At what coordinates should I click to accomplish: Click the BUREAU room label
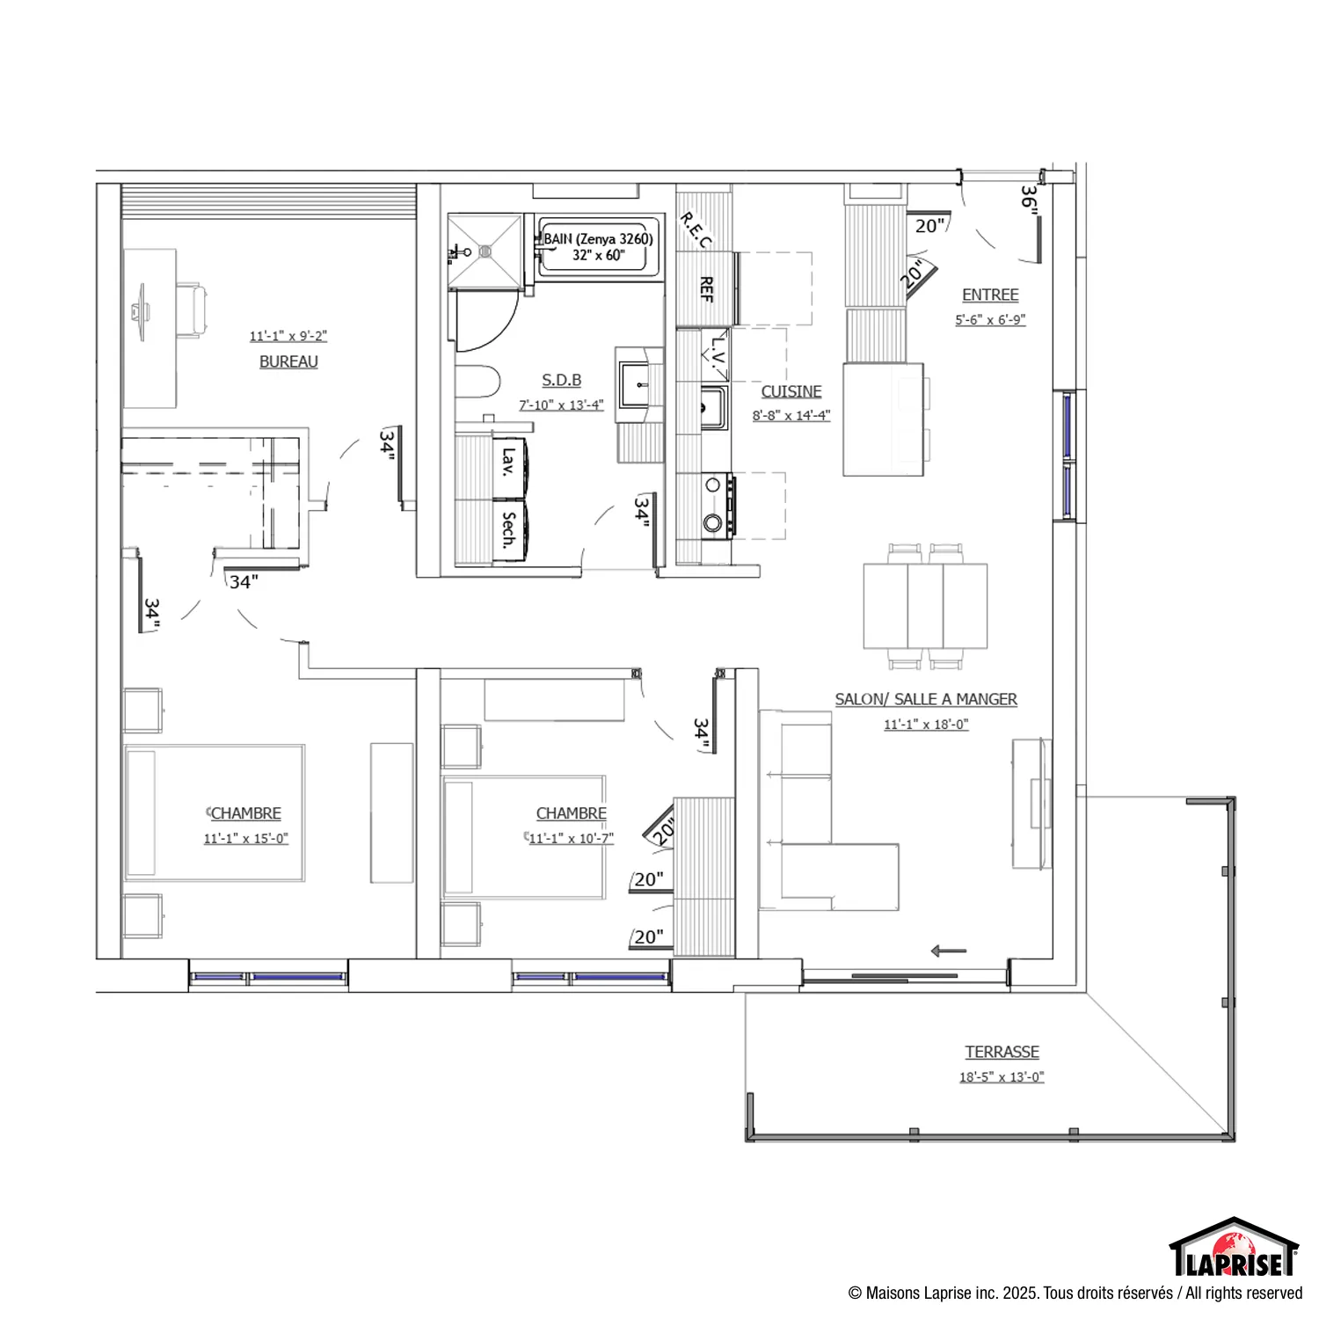tap(288, 361)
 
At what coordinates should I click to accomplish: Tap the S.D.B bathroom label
tap(561, 380)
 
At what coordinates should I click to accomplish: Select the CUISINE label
tap(791, 391)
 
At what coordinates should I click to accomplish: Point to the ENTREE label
tap(990, 295)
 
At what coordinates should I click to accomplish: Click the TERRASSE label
tap(1002, 1052)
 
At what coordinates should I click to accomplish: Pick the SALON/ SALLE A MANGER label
tap(926, 699)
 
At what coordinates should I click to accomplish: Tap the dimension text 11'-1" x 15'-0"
tap(246, 838)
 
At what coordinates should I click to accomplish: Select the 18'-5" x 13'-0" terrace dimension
tap(1002, 1076)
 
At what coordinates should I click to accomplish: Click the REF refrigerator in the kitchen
tap(706, 288)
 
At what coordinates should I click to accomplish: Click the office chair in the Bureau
tap(193, 310)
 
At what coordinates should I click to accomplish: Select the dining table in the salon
tap(925, 606)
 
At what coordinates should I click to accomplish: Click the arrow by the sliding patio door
tap(949, 951)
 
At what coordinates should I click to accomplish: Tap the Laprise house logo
tap(1234, 1247)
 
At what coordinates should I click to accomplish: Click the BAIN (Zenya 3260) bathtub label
tap(598, 238)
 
